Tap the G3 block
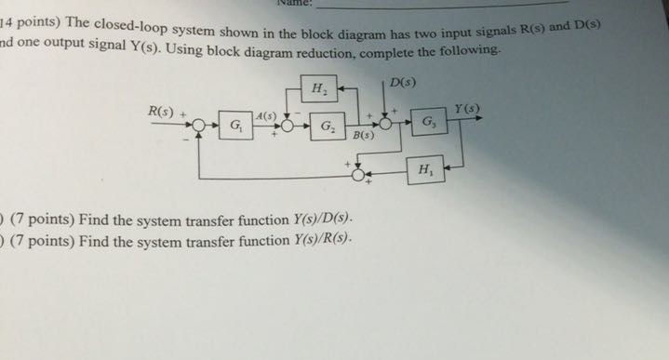(426, 122)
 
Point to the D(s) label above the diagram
(403, 84)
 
